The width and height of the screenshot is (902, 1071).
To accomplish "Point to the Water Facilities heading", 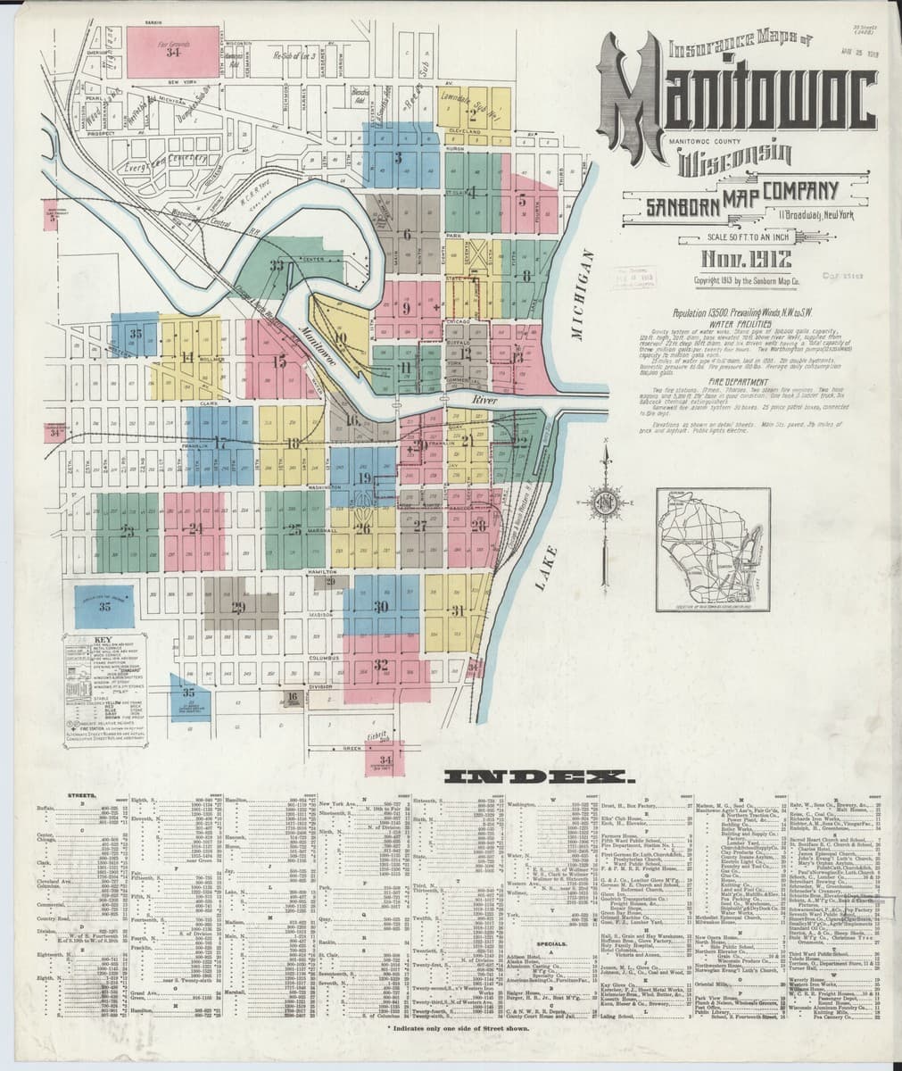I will coord(736,324).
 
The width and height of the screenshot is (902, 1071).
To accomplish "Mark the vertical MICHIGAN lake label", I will coord(585,295).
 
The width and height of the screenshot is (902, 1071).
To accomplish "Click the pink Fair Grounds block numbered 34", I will coord(172,50).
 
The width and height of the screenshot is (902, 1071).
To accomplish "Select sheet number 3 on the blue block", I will coord(398,158).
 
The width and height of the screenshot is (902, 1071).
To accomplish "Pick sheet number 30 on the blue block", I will coord(381,607).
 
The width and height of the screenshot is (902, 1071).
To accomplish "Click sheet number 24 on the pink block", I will coord(195,528).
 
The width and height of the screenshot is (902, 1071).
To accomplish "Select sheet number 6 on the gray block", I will coord(407,235).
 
